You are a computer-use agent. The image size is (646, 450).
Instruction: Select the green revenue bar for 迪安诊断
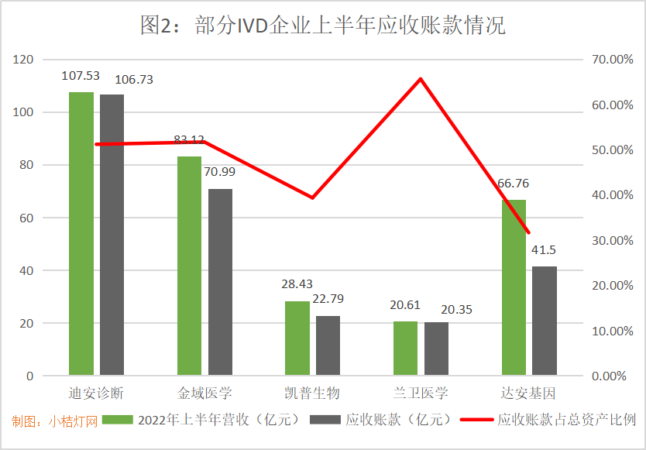(x=81, y=232)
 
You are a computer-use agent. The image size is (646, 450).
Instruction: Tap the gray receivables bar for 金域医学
(x=220, y=282)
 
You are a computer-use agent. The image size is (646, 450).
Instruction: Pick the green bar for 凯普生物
(x=297, y=338)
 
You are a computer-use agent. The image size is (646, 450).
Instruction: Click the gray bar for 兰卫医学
(x=436, y=349)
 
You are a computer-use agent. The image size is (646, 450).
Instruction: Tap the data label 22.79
(x=328, y=299)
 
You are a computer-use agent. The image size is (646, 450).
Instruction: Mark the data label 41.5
(x=545, y=249)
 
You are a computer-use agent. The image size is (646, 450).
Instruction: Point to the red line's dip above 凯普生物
(x=312, y=198)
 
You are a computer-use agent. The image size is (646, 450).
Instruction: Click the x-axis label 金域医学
(x=204, y=393)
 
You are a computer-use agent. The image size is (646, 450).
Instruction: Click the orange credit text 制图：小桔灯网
(x=54, y=421)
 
